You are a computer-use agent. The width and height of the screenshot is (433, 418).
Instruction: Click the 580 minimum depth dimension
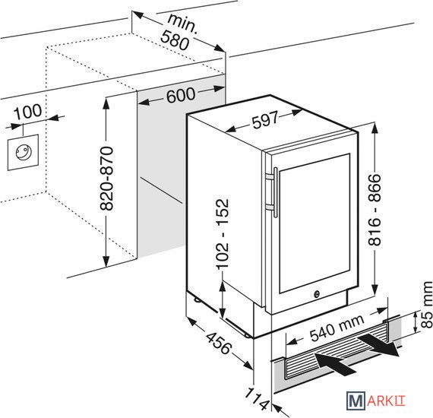(x=175, y=41)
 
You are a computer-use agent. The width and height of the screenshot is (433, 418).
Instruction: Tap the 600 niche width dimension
(x=181, y=95)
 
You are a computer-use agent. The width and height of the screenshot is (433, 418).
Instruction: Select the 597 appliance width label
(x=265, y=120)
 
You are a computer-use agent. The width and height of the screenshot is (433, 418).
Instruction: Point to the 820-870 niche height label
(x=106, y=179)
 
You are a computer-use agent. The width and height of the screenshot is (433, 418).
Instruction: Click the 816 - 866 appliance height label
(x=375, y=210)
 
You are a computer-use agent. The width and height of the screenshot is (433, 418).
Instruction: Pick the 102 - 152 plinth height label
(x=223, y=234)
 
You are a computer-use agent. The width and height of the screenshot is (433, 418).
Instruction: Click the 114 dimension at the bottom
(x=257, y=399)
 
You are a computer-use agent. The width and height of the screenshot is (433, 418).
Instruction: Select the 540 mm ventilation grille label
(x=337, y=325)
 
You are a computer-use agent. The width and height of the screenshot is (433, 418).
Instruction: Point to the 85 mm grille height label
(x=426, y=305)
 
